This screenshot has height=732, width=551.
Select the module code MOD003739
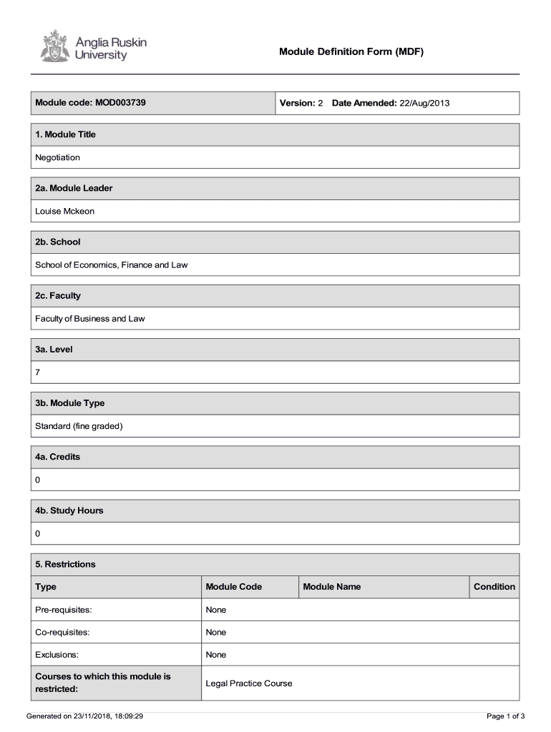point(119,103)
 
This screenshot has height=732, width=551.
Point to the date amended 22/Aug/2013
point(424,103)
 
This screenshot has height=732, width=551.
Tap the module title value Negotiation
point(58,157)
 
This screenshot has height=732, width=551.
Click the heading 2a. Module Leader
point(74,188)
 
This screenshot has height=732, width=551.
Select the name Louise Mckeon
point(65,211)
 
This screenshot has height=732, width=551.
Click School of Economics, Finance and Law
point(112,264)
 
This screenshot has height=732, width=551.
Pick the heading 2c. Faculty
point(58,295)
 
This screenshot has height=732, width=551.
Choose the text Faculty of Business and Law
point(90,318)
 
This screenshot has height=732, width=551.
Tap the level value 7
point(38,372)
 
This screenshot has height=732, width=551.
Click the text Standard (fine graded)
point(79,426)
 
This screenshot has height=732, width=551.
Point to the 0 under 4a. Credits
point(38,480)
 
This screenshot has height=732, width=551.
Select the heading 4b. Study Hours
point(69,510)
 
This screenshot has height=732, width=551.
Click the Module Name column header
point(332,587)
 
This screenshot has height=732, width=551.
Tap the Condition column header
point(494,587)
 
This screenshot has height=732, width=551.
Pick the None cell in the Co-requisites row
point(216,632)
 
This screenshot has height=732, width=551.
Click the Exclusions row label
point(57,655)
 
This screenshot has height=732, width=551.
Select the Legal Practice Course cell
point(249,683)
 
